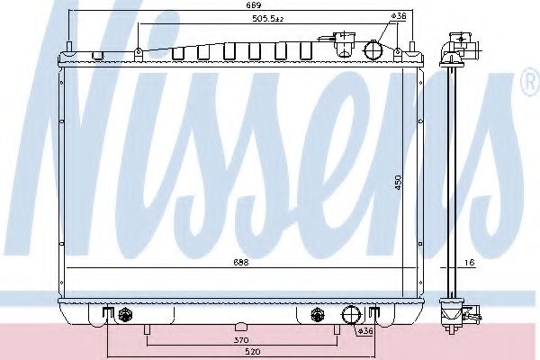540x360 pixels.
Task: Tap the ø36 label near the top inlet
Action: pyautogui.click(x=400, y=17)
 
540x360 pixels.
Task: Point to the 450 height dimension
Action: pyautogui.click(x=411, y=180)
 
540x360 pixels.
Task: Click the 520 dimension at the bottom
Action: pyautogui.click(x=238, y=353)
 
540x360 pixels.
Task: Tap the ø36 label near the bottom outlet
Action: pyautogui.click(x=365, y=331)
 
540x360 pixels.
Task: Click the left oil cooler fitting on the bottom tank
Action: pyautogui.click(x=125, y=315)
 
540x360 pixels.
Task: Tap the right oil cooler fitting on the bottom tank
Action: pyautogui.click(x=317, y=315)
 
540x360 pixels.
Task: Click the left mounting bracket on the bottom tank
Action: pyautogui.click(x=107, y=314)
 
